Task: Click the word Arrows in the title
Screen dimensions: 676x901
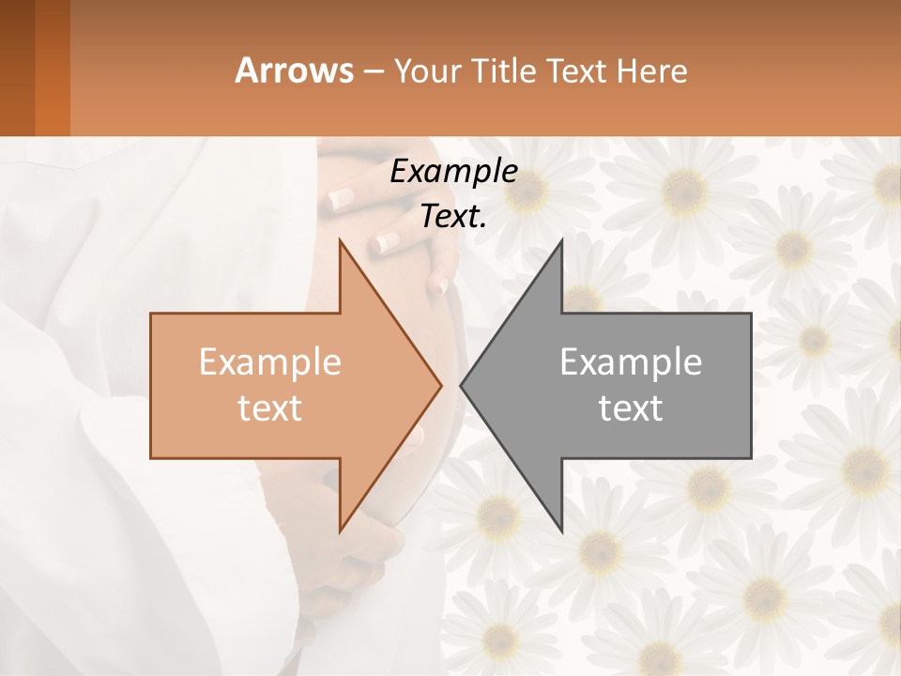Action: pos(294,70)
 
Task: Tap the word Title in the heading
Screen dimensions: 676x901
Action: pos(506,70)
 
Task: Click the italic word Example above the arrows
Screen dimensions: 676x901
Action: pos(453,171)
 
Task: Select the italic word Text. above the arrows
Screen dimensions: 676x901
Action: pos(453,217)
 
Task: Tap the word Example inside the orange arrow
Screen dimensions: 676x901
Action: pos(270,362)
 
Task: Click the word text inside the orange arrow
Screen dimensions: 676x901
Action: pos(270,408)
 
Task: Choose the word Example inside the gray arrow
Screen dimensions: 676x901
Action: pos(631,362)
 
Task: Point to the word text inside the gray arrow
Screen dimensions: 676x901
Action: pos(631,408)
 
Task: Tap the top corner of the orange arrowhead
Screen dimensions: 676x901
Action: pos(341,241)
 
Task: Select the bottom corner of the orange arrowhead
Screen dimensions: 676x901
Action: pos(341,530)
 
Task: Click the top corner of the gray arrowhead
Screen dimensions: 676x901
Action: pos(560,241)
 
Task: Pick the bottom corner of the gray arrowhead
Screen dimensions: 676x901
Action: pos(560,530)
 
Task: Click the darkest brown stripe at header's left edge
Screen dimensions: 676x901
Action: pos(17,68)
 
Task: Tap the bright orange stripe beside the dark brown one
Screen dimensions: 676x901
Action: pos(53,68)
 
